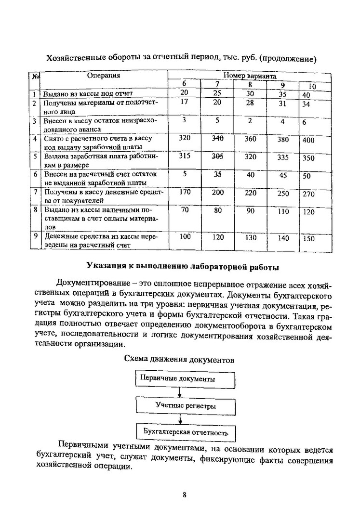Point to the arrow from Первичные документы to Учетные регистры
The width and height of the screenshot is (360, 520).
click(179, 392)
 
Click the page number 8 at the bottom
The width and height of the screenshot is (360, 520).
click(184, 494)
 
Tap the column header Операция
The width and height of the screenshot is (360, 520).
click(103, 76)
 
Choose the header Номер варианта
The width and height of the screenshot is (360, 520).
click(249, 76)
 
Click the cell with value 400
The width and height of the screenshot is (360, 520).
click(308, 140)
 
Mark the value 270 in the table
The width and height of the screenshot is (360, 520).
click(308, 195)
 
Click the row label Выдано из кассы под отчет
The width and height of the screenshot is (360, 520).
click(88, 93)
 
